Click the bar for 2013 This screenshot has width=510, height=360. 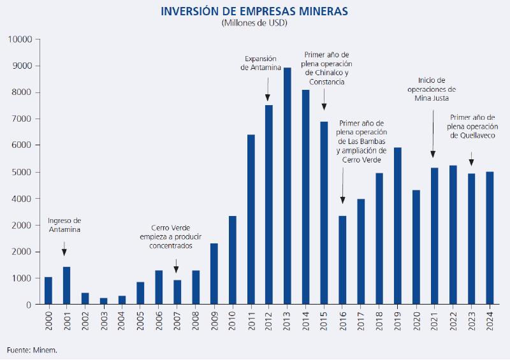[x=288, y=186]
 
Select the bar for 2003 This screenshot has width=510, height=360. [x=103, y=301]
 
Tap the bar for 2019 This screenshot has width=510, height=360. [x=398, y=226]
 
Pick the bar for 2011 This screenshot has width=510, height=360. [x=251, y=220]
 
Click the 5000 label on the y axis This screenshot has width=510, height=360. [x=22, y=172]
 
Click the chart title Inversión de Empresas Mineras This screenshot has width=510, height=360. [x=255, y=11]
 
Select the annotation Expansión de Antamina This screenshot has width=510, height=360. [x=260, y=62]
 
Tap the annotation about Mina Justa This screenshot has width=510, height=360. [x=433, y=89]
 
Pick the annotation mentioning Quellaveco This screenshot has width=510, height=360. [x=472, y=126]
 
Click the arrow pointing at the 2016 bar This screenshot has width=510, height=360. [x=342, y=191]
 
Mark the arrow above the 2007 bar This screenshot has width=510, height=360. [x=177, y=266]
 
